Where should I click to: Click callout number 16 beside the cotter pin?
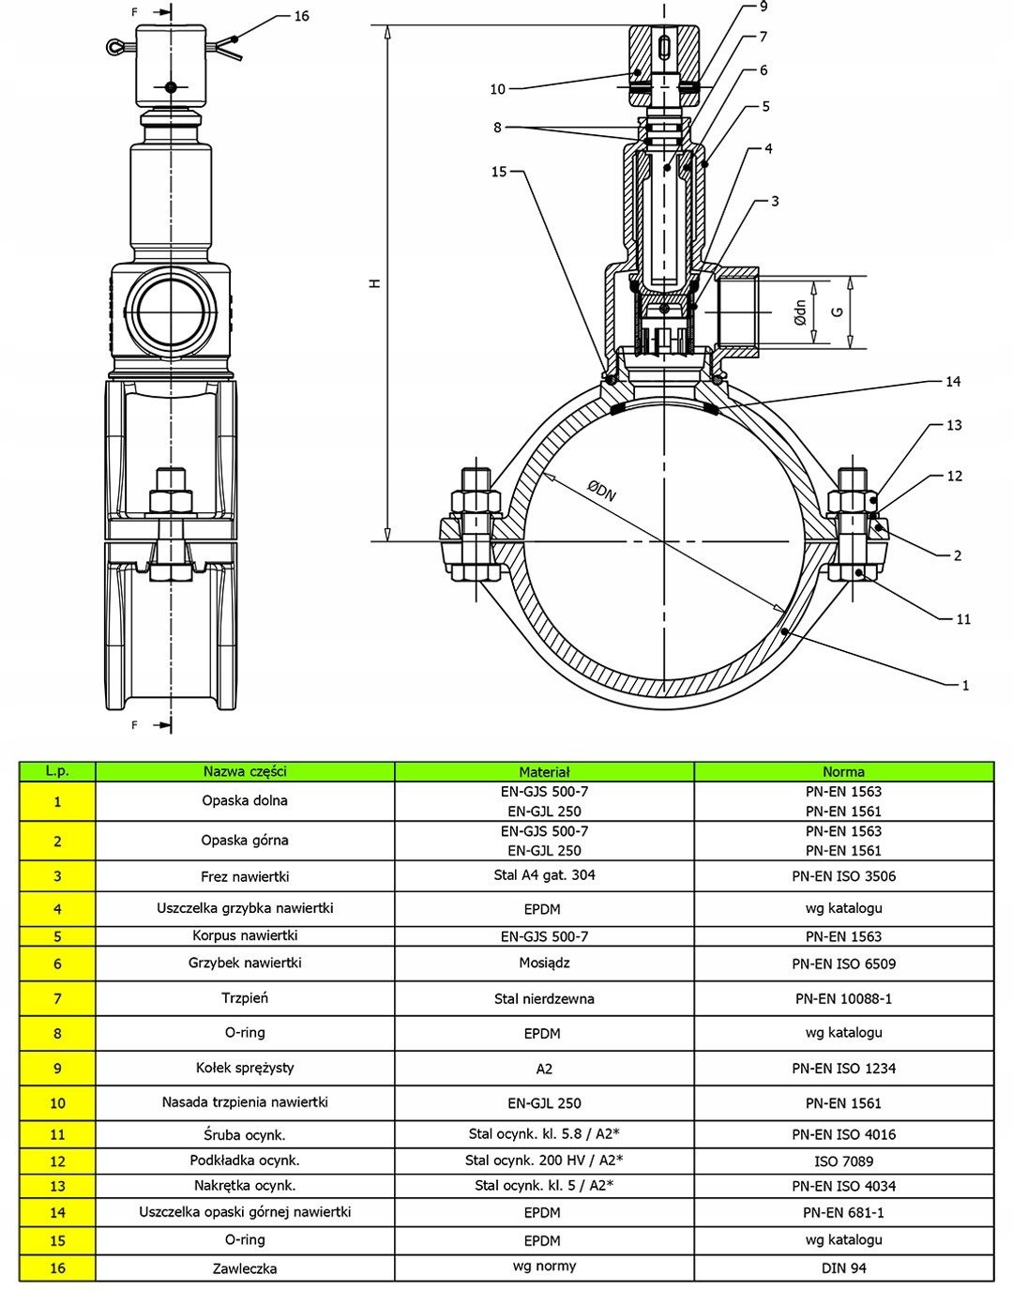[301, 16]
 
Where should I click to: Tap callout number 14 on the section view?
[953, 382]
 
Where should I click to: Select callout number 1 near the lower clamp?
[965, 685]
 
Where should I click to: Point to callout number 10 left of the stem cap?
[497, 89]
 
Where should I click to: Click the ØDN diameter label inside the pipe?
[601, 491]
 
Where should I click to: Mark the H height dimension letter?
[375, 282]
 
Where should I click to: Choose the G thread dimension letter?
[839, 311]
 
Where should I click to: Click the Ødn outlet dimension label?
[799, 311]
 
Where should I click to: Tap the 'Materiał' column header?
[544, 772]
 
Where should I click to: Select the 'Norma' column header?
[843, 772]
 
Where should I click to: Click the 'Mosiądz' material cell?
[544, 963]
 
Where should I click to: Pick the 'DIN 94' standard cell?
[843, 1267]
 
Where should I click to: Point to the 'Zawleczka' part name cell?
[245, 1268]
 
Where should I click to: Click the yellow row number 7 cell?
[57, 998]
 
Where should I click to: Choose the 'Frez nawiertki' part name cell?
[245, 876]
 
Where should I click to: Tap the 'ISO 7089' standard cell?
[843, 1161]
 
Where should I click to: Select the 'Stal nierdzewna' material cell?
[544, 998]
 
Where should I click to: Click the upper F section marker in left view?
[135, 12]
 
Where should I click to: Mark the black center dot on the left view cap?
[170, 87]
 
